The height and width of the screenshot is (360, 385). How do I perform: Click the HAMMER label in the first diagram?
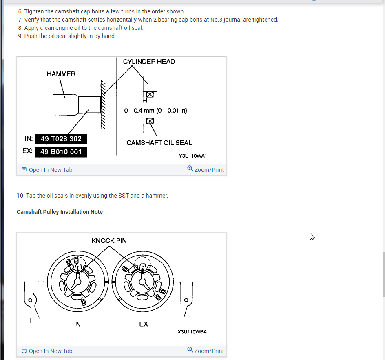[61, 74]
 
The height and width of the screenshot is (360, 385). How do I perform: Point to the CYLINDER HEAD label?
[149, 62]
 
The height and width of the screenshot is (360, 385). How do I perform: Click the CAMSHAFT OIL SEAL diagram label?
[159, 143]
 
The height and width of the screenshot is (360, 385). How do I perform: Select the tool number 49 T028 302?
[61, 139]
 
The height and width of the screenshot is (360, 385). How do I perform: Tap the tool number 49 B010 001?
[61, 152]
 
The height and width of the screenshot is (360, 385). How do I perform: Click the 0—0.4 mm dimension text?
[155, 111]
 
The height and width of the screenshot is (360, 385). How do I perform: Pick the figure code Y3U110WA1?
[193, 156]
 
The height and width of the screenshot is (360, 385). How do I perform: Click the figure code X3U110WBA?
[192, 332]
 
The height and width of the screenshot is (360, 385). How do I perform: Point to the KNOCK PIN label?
[109, 241]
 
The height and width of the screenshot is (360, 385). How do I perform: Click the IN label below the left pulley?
[77, 324]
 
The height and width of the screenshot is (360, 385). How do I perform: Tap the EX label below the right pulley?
[144, 324]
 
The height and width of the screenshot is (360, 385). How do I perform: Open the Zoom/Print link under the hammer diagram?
[206, 170]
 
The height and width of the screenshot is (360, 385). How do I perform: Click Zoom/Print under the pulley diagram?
[206, 351]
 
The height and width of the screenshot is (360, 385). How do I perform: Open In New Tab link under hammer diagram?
[47, 170]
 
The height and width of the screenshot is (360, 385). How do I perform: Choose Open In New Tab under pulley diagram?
[47, 351]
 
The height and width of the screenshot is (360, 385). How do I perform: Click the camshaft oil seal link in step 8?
[120, 28]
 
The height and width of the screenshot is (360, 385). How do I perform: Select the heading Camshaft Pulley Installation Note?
[60, 212]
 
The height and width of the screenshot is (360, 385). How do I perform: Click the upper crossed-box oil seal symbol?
[150, 94]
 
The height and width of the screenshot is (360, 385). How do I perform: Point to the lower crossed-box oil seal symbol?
[150, 121]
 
